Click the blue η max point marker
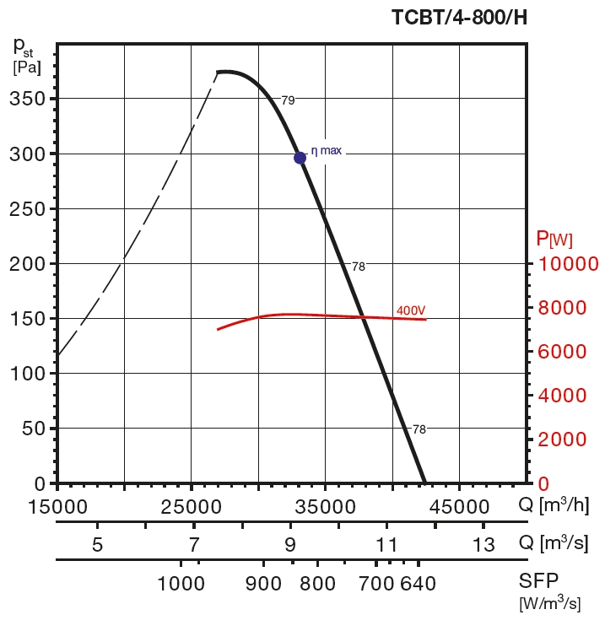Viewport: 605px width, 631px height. click(300, 158)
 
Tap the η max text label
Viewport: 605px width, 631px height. click(327, 151)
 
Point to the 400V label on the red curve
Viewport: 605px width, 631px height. click(411, 311)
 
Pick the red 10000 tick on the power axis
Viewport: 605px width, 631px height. click(568, 264)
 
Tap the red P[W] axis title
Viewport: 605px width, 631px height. click(554, 239)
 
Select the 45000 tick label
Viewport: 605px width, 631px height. click(460, 507)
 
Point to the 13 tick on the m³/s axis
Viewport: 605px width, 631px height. click(483, 544)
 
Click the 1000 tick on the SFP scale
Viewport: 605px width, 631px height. click(181, 584)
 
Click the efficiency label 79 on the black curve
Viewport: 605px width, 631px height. click(288, 100)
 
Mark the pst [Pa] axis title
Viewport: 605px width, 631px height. click(26, 56)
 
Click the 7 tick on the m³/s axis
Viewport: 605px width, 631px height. click(194, 544)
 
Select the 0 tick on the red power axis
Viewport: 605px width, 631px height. click(543, 484)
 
